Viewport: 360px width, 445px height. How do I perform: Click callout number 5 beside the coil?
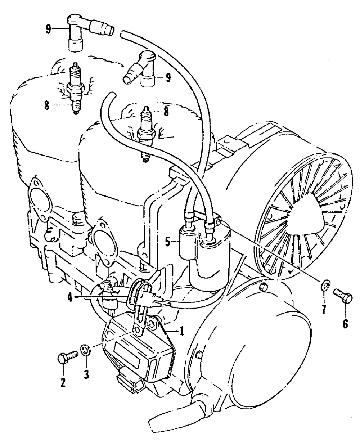point(167,242)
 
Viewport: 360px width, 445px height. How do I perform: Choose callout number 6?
point(345,324)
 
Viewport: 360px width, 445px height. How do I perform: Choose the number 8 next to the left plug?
point(46,105)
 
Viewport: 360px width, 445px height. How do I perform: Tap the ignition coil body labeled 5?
point(206,259)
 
